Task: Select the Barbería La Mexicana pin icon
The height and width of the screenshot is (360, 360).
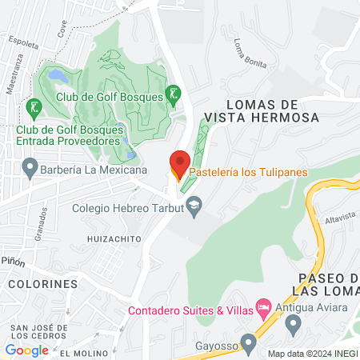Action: [x=30, y=169]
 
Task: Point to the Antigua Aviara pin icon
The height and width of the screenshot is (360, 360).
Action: [x=292, y=324]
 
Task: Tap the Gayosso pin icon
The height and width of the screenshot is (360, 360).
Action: [x=249, y=344]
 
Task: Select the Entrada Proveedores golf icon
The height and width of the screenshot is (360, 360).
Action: [x=33, y=106]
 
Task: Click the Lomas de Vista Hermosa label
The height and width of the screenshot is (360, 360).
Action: [x=273, y=110]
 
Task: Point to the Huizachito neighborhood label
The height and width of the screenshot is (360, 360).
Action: [x=114, y=238]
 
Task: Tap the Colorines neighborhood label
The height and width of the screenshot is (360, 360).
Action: [x=43, y=283]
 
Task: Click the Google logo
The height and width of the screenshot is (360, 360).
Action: [x=26, y=350]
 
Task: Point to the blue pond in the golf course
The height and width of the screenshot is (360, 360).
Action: [x=58, y=76]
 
